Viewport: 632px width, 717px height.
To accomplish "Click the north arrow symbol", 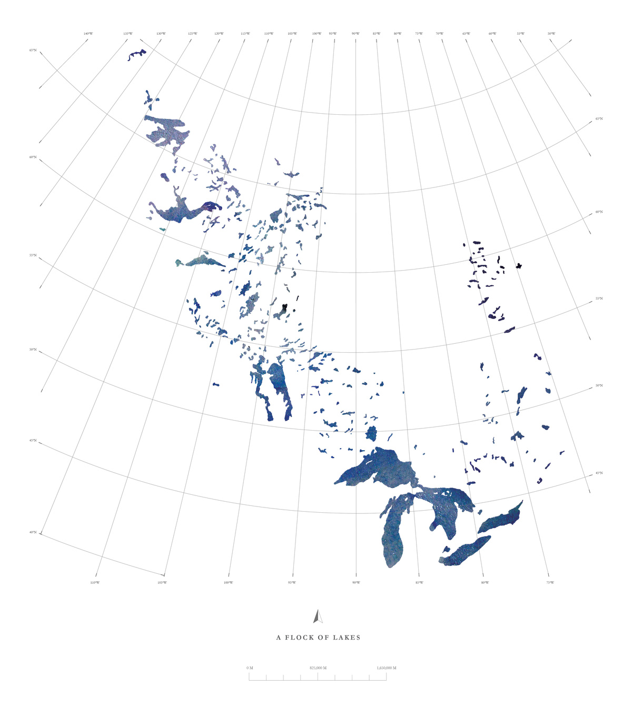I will (x=318, y=616).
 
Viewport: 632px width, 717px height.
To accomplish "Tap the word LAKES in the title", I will (x=347, y=638).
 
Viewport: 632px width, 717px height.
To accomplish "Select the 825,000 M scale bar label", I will (x=318, y=668).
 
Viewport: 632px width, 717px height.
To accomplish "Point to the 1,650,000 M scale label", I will (x=387, y=668).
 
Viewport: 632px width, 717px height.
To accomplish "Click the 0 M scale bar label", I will (x=250, y=668).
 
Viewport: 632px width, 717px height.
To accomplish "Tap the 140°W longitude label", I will (x=88, y=34).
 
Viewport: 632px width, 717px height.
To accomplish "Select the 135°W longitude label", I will (x=128, y=34).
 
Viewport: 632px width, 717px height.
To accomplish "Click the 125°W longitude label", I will (x=192, y=34).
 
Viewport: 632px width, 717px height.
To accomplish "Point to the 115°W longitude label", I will (x=245, y=34).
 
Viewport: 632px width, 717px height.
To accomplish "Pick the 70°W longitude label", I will (x=439, y=34).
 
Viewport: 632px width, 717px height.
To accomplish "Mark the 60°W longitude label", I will (x=492, y=34).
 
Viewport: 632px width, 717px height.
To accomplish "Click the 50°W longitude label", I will (x=551, y=34).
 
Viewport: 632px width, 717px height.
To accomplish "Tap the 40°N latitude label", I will (x=33, y=532).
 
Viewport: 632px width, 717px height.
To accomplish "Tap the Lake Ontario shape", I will (x=500, y=519).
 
